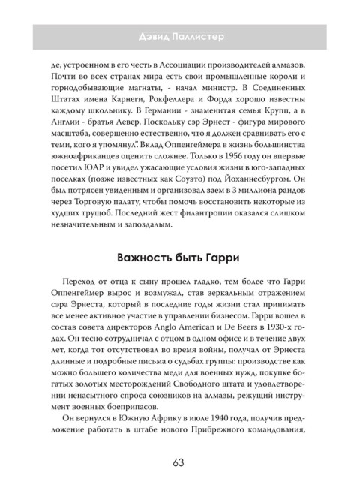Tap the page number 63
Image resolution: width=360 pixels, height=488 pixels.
point(180,441)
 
